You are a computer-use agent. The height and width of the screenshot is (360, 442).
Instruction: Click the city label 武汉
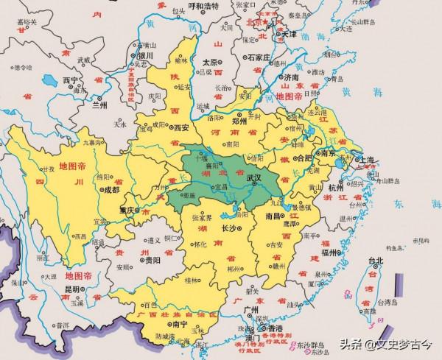(255, 177)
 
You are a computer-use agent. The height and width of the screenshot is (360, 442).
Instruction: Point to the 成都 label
(111, 189)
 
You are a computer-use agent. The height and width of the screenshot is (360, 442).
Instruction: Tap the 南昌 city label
(273, 216)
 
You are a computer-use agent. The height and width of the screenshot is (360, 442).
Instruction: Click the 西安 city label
(182, 127)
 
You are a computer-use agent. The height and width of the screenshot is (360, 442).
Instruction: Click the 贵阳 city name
(152, 260)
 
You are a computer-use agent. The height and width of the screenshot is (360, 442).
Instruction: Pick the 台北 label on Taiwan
(376, 261)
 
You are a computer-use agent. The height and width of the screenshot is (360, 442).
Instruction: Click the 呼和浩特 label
(204, 7)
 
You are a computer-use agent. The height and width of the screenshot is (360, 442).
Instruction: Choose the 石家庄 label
(260, 57)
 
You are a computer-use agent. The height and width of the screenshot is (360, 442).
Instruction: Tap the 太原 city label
(211, 63)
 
